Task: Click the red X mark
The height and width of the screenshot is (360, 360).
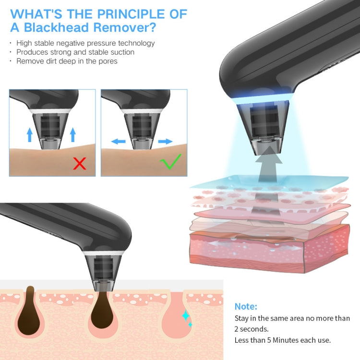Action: [79, 163]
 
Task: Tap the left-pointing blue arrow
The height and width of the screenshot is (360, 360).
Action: [118, 142]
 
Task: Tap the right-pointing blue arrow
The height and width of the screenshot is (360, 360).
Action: [165, 142]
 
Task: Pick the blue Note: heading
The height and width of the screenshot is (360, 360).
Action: [246, 306]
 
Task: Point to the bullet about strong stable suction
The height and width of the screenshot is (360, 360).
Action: [75, 52]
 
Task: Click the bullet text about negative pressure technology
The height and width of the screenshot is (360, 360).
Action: [85, 43]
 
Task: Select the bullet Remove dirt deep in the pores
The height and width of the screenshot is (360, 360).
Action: [67, 61]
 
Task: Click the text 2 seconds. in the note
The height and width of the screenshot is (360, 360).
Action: [252, 329]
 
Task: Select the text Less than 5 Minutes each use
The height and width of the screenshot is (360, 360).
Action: [283, 340]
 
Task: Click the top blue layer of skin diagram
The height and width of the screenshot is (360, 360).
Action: [269, 182]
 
